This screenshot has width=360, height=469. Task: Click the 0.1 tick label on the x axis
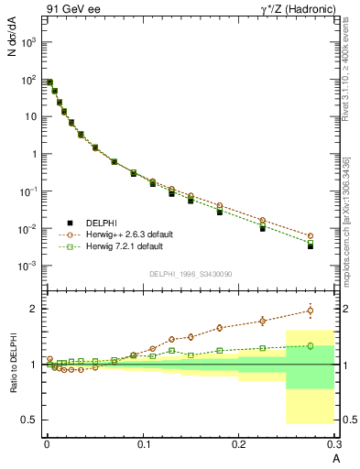[143, 444]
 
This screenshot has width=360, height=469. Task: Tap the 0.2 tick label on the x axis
[239, 444]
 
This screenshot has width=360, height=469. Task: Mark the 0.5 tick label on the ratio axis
[29, 420]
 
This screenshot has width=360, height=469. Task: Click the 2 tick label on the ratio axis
[34, 309]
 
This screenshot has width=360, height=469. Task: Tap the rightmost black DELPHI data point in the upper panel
[311, 246]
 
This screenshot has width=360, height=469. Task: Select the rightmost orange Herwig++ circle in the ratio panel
[311, 311]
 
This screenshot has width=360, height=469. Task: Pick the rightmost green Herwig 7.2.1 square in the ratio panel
[311, 345]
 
